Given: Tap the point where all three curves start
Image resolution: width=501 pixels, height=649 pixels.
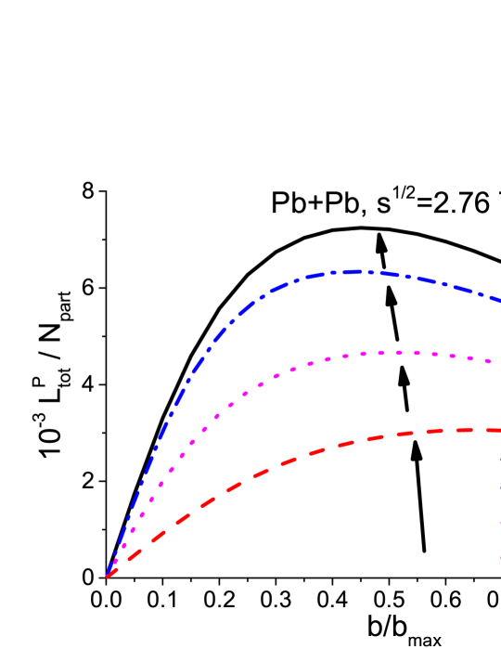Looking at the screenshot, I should (x=108, y=577).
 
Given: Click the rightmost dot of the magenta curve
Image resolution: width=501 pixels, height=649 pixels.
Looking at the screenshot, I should (x=488, y=361).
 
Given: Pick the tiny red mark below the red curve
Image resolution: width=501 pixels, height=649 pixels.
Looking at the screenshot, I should (x=500, y=558).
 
